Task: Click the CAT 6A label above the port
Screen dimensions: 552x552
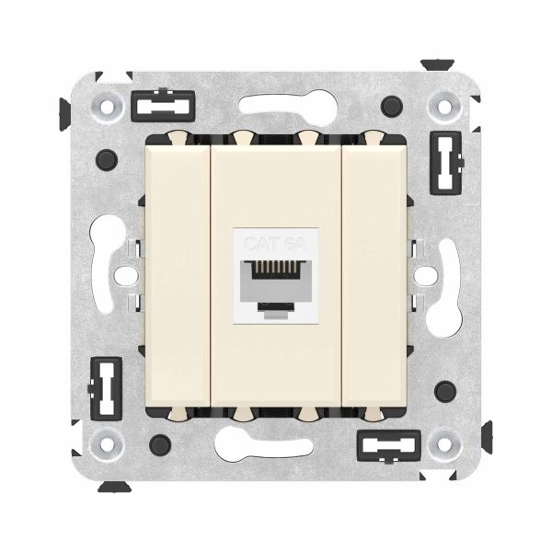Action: point(276,244)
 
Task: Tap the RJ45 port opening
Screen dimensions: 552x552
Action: point(276,277)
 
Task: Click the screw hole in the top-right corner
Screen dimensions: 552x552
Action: point(445,107)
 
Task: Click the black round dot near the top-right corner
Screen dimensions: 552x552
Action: point(394,103)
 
